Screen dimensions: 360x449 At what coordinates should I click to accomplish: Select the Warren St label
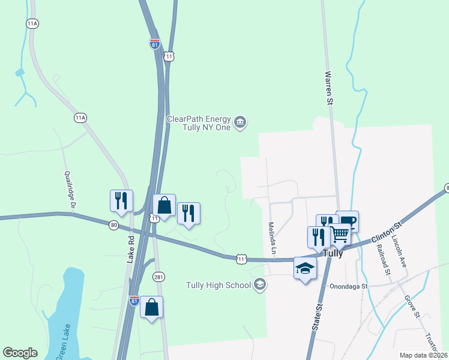coord(329,89)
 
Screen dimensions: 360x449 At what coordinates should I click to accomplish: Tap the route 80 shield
coord(114,225)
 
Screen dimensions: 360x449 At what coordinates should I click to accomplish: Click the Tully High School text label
coord(218,285)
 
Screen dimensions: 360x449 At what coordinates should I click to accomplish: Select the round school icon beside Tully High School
coord(260,284)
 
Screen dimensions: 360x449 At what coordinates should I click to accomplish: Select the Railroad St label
coord(383,260)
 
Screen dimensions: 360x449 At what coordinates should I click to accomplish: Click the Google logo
coord(20,353)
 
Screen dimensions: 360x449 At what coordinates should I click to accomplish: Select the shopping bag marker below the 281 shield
coord(151,307)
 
